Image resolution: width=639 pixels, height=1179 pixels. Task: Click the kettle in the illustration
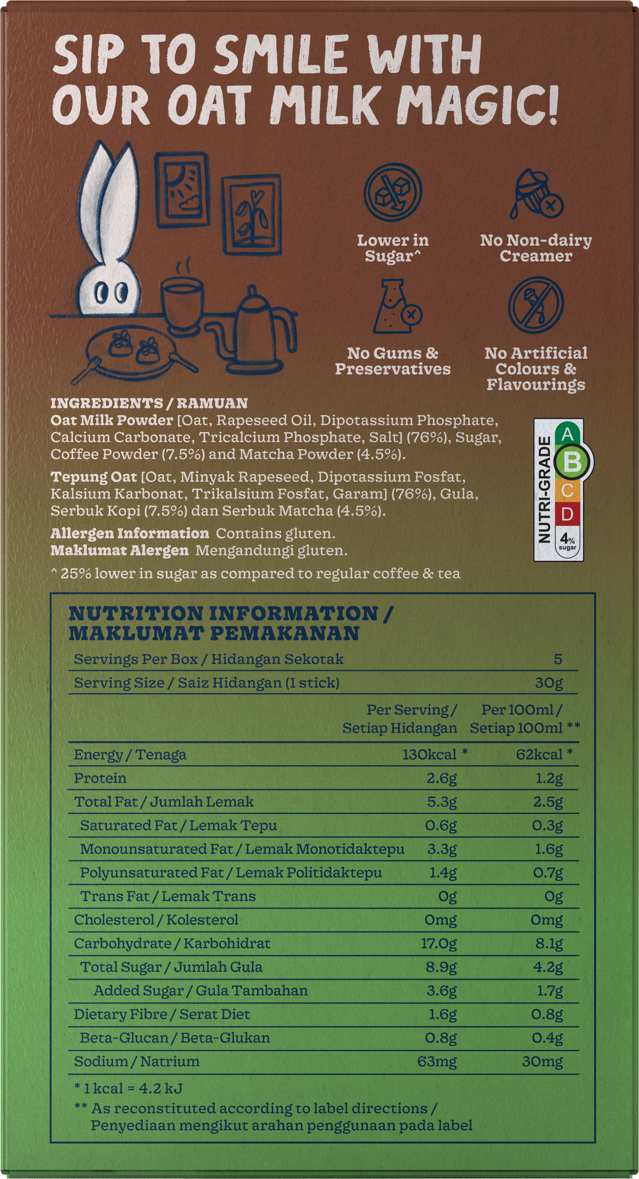(258, 329)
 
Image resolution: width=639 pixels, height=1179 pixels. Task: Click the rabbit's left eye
(102, 293)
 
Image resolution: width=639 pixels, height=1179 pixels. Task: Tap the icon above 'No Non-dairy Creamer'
(536, 194)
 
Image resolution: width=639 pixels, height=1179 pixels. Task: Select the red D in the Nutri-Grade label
(567, 514)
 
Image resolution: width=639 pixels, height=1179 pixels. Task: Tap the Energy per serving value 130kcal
(429, 754)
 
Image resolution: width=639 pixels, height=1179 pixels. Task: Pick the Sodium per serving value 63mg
(437, 1061)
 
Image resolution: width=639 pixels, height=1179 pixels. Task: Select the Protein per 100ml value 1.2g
(549, 778)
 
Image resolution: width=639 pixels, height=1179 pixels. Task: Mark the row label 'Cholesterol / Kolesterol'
(156, 920)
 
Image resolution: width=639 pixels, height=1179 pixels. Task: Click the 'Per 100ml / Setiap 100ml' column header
(521, 719)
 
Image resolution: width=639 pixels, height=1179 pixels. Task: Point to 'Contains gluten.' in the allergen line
(275, 534)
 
